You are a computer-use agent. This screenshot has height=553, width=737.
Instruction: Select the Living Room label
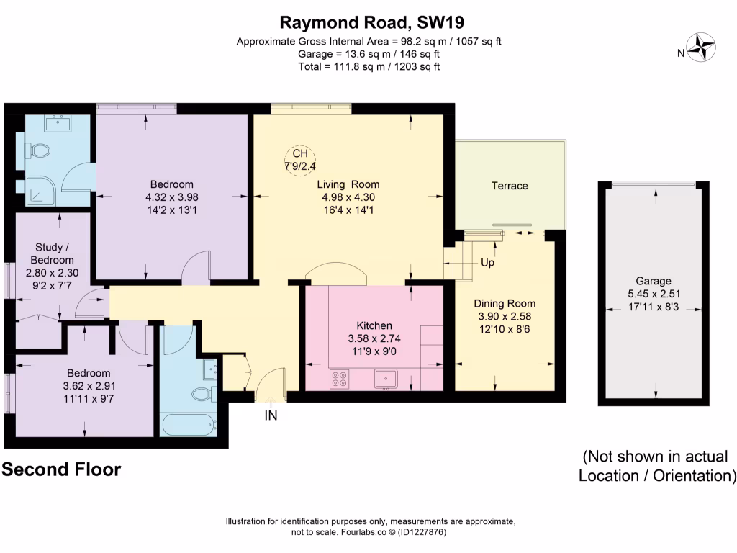348,184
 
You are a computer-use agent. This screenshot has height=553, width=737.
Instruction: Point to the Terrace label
510,186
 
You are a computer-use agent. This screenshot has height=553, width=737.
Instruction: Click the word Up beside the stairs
487,263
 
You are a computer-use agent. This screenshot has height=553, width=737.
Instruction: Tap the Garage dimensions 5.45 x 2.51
653,294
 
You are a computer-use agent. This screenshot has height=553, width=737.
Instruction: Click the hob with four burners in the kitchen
338,379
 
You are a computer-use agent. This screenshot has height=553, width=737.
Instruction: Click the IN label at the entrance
271,415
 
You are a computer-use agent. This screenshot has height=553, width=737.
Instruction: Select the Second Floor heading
62,470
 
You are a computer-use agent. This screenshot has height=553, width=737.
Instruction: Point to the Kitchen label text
374,325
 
